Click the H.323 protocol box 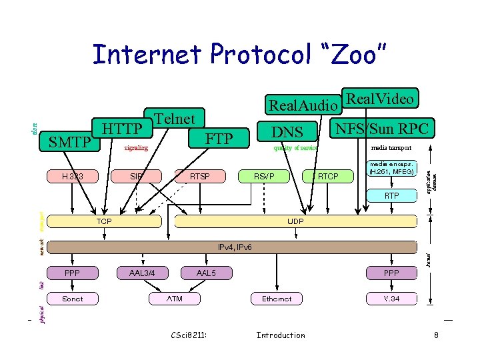click(71, 176)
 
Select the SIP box click(137, 176)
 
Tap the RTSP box click(199, 176)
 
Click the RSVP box click(264, 176)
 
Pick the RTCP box click(327, 176)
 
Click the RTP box click(392, 195)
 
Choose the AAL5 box click(206, 273)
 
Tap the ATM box click(174, 299)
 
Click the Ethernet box click(277, 299)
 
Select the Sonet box click(72, 299)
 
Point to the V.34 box click(392, 299)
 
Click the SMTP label click(70, 142)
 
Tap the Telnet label click(175, 119)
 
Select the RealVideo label click(380, 99)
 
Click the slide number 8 click(436, 335)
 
